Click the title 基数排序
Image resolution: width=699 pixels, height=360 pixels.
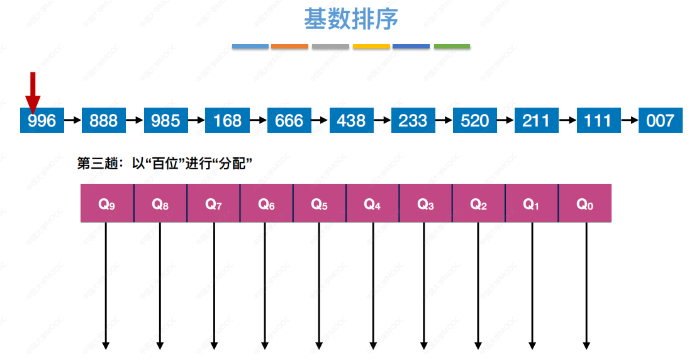click(350, 19)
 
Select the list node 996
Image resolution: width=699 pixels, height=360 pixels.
click(42, 120)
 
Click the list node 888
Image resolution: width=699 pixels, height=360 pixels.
click(104, 120)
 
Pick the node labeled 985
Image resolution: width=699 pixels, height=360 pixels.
click(165, 120)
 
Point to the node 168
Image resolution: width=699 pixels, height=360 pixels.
click(227, 120)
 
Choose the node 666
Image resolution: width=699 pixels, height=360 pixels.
click(289, 120)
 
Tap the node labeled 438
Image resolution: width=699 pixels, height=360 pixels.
click(351, 120)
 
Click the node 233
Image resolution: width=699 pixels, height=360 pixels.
click(413, 120)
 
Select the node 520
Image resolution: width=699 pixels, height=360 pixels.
click(474, 120)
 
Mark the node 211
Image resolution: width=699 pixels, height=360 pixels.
click(536, 120)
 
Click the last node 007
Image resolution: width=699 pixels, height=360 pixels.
click(660, 120)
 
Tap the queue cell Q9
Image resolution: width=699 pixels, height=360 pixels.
click(107, 203)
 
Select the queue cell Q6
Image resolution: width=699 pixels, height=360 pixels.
click(266, 203)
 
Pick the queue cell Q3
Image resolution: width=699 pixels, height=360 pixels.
click(425, 203)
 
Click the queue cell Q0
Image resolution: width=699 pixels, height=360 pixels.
click(584, 203)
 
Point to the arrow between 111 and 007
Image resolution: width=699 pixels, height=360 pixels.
click(629, 120)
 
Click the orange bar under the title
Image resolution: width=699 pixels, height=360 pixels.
click(289, 47)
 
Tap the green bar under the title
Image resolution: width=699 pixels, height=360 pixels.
click(452, 47)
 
